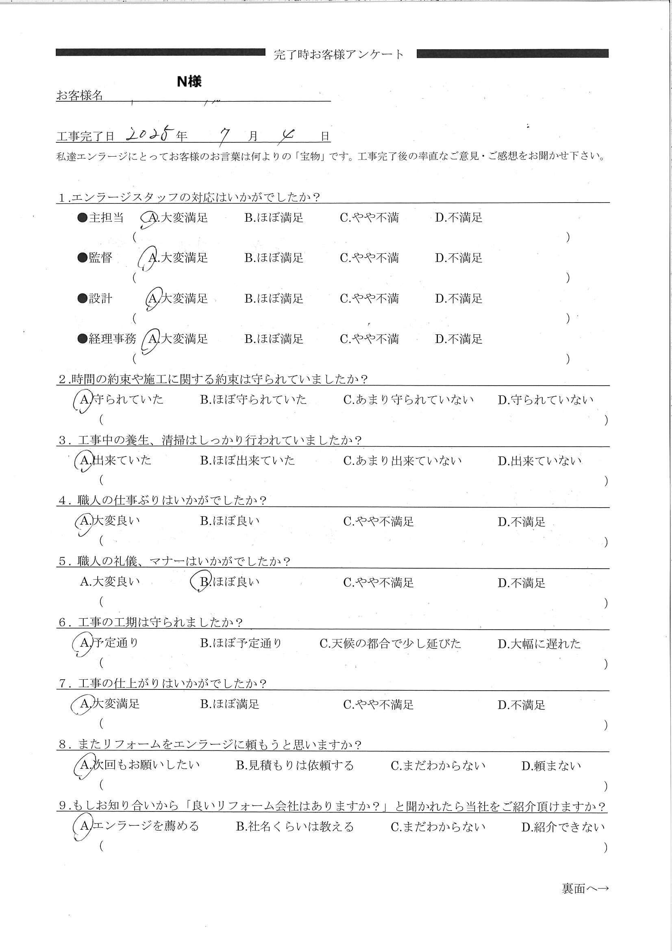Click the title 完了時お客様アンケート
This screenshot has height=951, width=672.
tap(339, 54)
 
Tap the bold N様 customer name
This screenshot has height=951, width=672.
tap(189, 82)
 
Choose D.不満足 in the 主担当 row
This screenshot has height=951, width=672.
tap(458, 218)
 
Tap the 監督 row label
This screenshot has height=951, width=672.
tap(100, 257)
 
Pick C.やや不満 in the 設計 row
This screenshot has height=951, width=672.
tap(369, 298)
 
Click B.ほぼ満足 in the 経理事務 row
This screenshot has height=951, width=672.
tap(274, 339)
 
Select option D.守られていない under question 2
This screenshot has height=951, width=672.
tap(545, 400)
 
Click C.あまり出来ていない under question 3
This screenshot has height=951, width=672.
tap(402, 460)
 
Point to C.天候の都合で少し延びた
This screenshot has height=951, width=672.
tap(390, 643)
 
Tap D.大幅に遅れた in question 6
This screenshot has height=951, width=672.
tap(539, 643)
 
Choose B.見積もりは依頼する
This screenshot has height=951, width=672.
tap(295, 765)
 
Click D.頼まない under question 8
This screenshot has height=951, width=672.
tap(551, 766)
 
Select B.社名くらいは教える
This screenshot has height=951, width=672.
tap(295, 826)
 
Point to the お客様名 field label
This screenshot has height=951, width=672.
tap(80, 96)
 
